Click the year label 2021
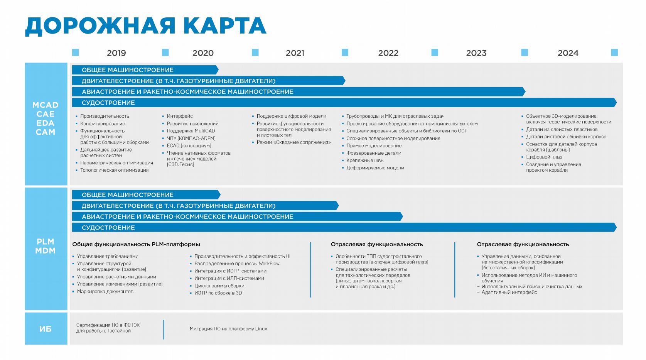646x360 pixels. click(x=295, y=53)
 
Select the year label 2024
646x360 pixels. click(x=568, y=53)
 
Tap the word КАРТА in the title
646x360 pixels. click(x=224, y=26)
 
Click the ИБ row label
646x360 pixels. click(x=46, y=329)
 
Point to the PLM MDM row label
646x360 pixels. click(x=46, y=246)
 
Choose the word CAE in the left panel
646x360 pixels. click(x=46, y=114)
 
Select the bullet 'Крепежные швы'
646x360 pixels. click(x=365, y=161)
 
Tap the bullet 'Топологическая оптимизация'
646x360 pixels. click(x=114, y=170)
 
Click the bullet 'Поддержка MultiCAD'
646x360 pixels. click(x=191, y=131)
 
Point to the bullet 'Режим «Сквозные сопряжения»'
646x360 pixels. click(x=293, y=142)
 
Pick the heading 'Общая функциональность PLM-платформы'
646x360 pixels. click(x=136, y=244)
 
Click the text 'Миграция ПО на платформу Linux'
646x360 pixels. click(x=228, y=329)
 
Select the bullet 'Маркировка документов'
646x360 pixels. click(x=105, y=291)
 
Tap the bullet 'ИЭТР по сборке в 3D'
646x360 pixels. click(x=218, y=293)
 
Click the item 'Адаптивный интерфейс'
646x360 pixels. click(x=509, y=292)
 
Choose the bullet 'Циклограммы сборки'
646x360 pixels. click(x=219, y=286)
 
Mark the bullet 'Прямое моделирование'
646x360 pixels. click(x=374, y=146)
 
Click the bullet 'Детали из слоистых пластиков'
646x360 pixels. click(x=562, y=130)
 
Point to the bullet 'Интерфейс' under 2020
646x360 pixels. click(x=180, y=116)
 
